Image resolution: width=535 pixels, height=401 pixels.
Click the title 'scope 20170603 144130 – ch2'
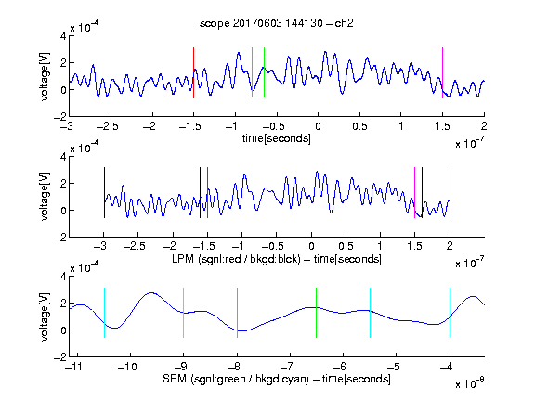[277, 23]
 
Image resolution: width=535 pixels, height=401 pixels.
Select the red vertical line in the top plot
[193, 72]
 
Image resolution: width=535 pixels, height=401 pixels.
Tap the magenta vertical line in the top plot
[442, 72]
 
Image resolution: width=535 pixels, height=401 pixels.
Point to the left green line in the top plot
[252, 72]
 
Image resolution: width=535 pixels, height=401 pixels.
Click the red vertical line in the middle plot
[207, 192]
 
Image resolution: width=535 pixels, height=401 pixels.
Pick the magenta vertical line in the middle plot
[414, 192]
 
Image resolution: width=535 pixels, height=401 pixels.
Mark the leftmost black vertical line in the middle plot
[104, 192]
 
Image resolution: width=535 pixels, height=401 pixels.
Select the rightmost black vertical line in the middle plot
[450, 192]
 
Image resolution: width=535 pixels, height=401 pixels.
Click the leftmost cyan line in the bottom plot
[104, 313]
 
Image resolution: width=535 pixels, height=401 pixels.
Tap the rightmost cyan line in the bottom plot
[450, 313]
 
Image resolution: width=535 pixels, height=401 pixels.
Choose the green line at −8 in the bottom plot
[237, 313]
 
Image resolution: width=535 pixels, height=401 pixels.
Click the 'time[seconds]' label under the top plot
[277, 138]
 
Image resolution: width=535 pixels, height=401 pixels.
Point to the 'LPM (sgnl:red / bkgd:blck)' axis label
[236, 259]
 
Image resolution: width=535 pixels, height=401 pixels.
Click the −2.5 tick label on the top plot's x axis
[107, 126]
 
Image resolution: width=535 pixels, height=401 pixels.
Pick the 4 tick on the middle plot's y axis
[63, 157]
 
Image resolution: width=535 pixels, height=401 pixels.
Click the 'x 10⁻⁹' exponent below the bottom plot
[470, 383]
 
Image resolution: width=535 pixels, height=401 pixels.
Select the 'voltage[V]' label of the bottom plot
[45, 317]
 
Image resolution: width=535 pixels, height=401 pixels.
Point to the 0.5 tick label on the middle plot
[346, 246]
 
